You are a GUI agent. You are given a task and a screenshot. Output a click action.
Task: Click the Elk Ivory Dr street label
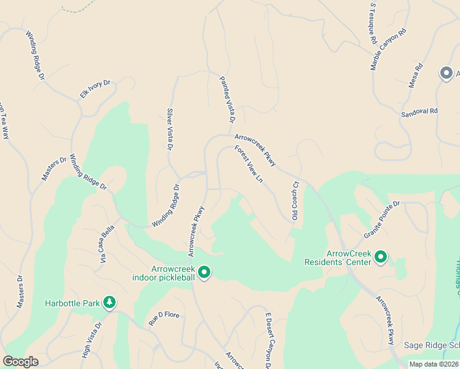coord(95,89)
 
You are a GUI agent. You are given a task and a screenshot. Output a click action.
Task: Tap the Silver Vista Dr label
coord(170,129)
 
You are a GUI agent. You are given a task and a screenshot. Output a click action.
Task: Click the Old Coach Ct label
coord(295,200)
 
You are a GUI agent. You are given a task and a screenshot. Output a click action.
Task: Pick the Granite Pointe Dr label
coord(381,219)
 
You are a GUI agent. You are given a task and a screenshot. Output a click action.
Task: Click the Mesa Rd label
coord(416,76)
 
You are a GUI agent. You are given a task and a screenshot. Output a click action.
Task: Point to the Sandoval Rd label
coord(419,113)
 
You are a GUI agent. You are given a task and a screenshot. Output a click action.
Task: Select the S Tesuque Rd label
coord(373,23)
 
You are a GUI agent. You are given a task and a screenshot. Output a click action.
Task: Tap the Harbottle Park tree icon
coord(109,302)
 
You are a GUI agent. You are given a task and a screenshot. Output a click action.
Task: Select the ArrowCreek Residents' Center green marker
coord(381,256)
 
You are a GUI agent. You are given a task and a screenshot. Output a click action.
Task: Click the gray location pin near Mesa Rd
coord(446,73)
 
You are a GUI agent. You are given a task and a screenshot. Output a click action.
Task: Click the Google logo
coord(20,362)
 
